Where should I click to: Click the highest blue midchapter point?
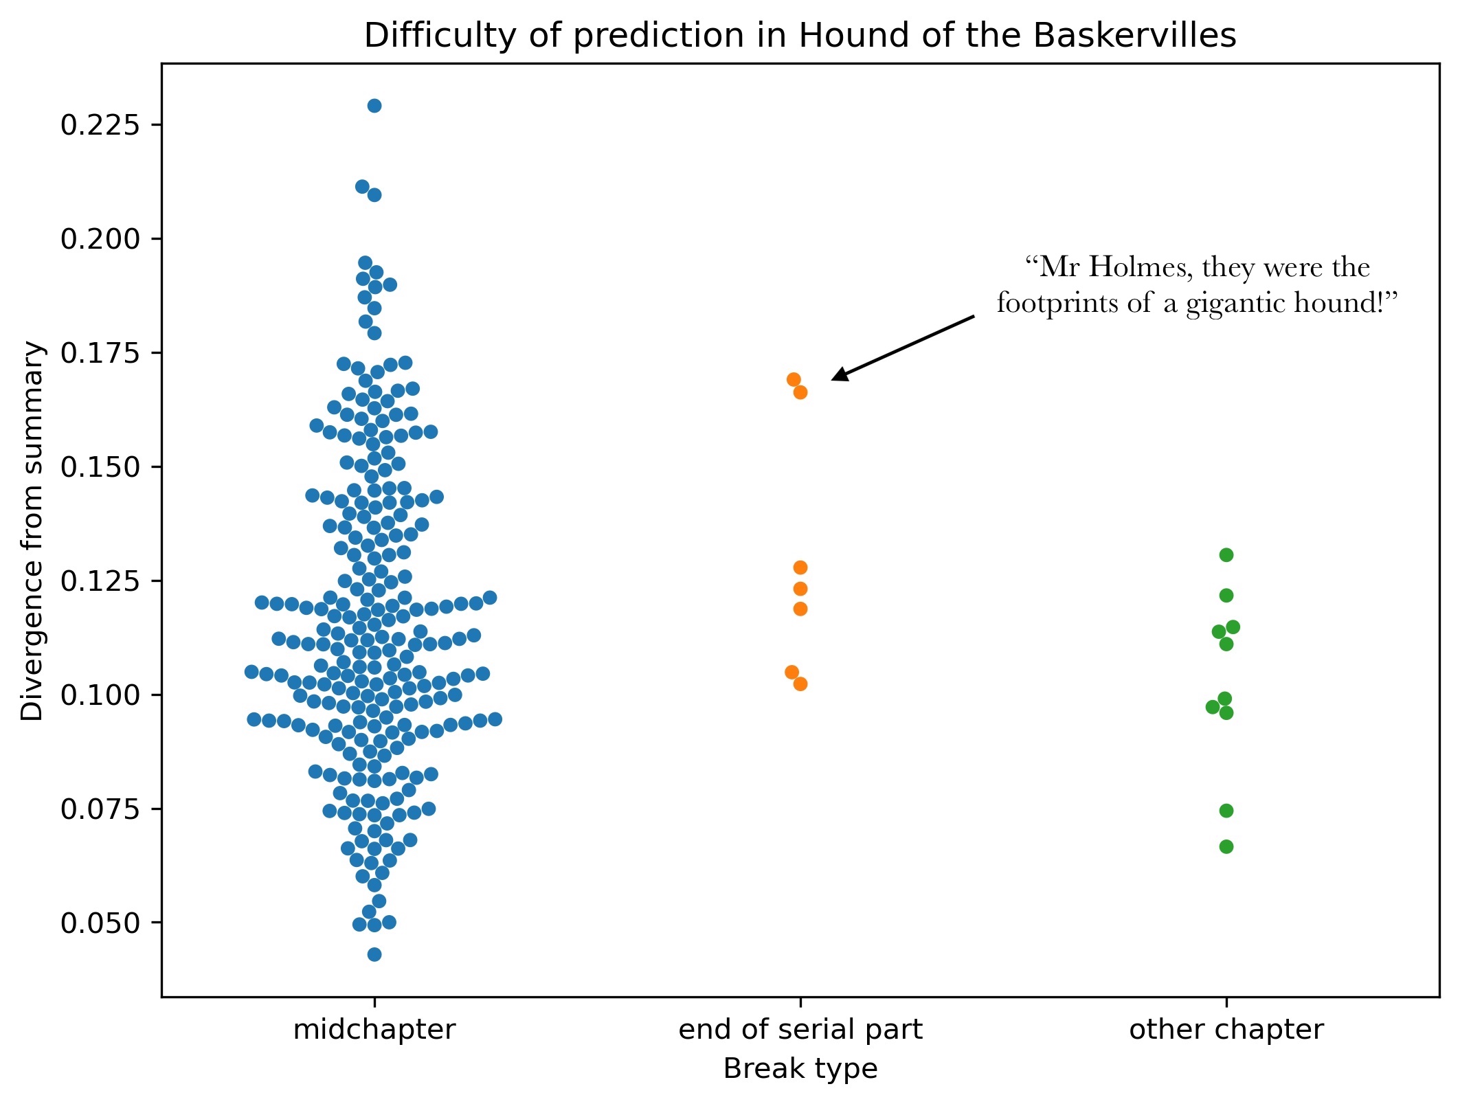point(374,106)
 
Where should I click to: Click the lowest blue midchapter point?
point(374,954)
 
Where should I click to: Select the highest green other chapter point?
point(1226,555)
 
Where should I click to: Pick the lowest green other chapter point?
point(1226,846)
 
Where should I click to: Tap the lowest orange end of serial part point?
point(800,684)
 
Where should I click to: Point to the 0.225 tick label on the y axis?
point(100,125)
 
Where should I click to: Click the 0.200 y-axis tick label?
point(100,239)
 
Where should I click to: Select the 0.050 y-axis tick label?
point(100,923)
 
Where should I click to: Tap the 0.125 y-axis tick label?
point(100,581)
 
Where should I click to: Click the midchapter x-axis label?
point(374,1030)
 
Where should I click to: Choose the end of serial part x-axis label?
point(800,1030)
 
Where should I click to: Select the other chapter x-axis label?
point(1226,1030)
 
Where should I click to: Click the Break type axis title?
point(800,1069)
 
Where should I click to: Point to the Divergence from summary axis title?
point(32,530)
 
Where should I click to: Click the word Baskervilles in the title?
point(1134,36)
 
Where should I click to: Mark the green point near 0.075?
point(1226,811)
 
